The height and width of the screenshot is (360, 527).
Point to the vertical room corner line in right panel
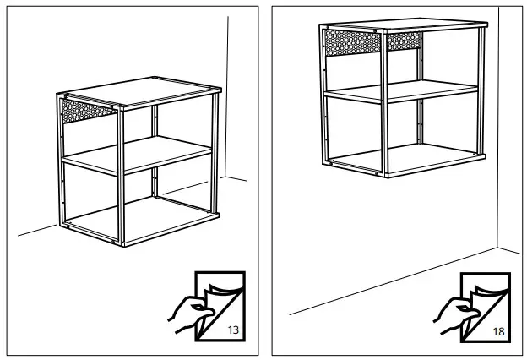498,127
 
